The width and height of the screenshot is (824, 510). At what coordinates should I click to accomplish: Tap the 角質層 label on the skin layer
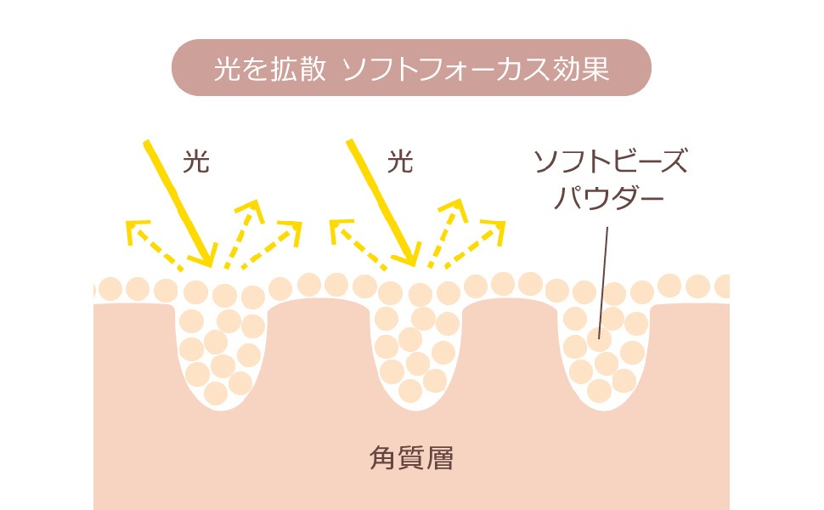pos(411,459)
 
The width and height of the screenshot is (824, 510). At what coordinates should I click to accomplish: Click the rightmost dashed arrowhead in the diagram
pos(498,229)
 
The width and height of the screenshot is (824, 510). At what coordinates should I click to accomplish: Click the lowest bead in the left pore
pos(216,393)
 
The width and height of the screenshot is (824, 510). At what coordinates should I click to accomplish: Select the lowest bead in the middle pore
pos(410,390)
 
